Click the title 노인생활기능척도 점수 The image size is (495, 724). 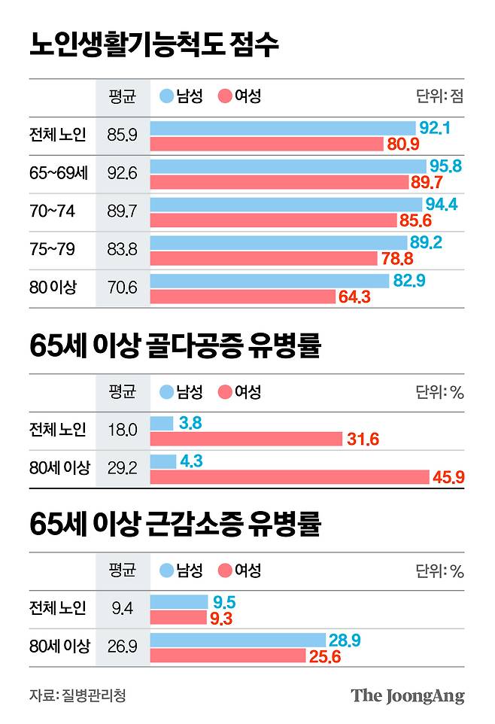[x=154, y=44]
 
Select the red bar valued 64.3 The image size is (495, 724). [x=242, y=297]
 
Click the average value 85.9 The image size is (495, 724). [x=122, y=136]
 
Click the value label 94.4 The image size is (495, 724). [x=443, y=204]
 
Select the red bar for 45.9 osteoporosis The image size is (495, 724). [x=290, y=477]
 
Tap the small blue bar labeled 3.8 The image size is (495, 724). [x=162, y=424]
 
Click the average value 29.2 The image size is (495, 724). [x=122, y=468]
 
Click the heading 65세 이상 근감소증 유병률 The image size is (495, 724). [x=175, y=525]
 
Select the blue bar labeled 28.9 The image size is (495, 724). [x=238, y=640]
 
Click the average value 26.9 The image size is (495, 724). [x=122, y=646]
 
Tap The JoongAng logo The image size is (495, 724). [x=408, y=695]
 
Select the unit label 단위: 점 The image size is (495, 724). [x=439, y=96]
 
